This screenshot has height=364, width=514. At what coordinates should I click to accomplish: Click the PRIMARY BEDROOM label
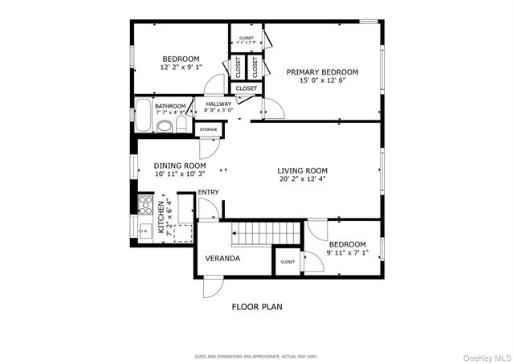[x=322, y=72]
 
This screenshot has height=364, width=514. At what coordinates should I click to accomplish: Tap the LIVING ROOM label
[x=302, y=170]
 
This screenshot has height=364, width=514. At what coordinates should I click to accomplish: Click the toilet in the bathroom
[x=164, y=126]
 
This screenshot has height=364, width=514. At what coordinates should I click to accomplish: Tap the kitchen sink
[x=145, y=231]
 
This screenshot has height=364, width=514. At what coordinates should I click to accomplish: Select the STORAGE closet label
[x=208, y=129]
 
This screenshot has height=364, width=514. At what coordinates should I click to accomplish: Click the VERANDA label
[x=222, y=259]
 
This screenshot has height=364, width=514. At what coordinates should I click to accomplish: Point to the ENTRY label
[x=208, y=192]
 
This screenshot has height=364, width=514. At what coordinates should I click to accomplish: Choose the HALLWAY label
[x=218, y=104]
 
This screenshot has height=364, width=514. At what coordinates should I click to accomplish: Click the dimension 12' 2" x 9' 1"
[x=181, y=67]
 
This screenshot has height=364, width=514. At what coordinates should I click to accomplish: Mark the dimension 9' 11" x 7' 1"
[x=346, y=253]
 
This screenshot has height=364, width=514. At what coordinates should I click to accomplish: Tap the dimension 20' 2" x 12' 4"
[x=302, y=179]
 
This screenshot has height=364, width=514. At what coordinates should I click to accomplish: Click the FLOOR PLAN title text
[x=257, y=306]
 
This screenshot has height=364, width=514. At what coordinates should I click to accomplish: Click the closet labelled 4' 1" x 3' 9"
[x=246, y=39]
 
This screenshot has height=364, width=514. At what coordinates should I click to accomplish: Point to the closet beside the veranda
[x=287, y=261]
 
